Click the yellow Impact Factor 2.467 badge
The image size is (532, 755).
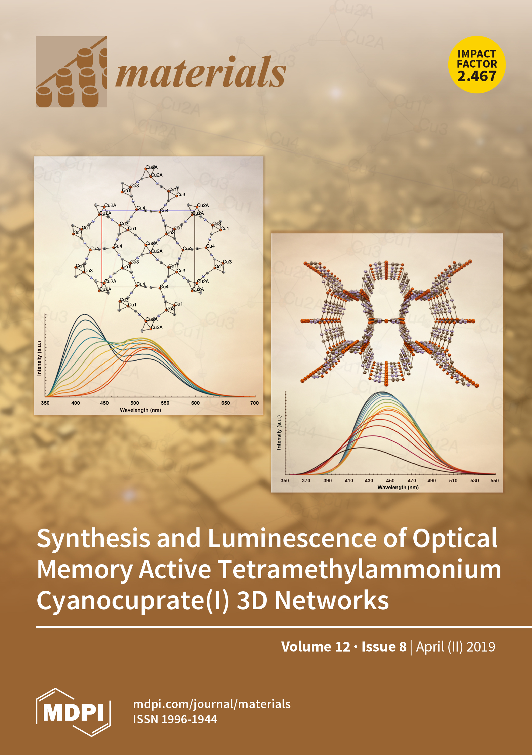point(477,65)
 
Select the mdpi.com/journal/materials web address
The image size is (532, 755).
point(212,704)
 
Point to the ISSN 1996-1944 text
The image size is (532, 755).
point(175,719)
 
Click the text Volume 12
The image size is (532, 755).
point(315,647)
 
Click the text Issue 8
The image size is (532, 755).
point(384,647)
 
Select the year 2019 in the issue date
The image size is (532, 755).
point(481,647)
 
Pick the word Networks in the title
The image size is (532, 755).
point(332,600)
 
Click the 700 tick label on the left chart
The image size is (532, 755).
point(254,403)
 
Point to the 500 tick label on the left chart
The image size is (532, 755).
point(135,403)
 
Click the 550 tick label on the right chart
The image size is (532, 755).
point(494,481)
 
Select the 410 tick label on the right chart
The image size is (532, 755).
point(349,481)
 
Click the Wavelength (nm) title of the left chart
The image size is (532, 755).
point(140,410)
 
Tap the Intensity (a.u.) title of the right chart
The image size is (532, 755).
point(279,432)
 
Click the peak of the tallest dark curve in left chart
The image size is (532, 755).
point(85,315)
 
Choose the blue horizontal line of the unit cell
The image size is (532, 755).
point(148,211)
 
